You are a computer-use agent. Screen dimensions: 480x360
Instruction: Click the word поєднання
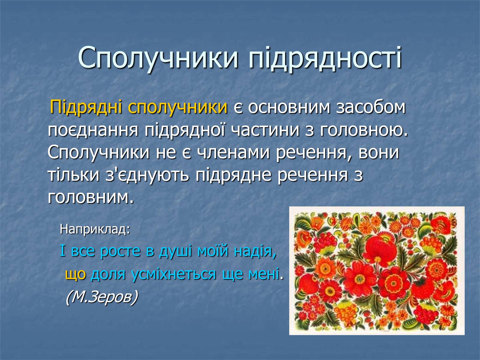tap(93, 130)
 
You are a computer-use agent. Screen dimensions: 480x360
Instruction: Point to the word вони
tap(379, 153)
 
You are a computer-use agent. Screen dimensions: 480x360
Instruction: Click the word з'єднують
tap(147, 175)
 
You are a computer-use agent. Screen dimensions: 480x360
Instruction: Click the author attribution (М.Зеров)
tap(102, 297)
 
